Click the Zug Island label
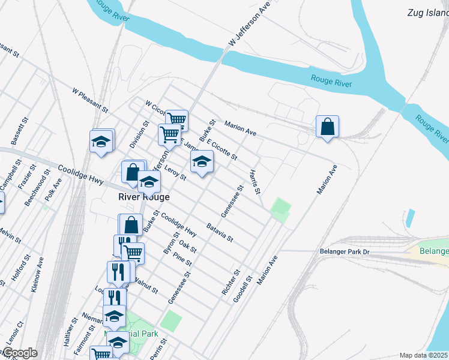[x=427, y=13]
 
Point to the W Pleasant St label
[x=89, y=101]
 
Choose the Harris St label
[x=255, y=182]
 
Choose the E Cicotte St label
[x=222, y=148]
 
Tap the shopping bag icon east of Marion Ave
[x=327, y=127]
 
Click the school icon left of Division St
[x=101, y=142]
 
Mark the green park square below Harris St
[x=280, y=210]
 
